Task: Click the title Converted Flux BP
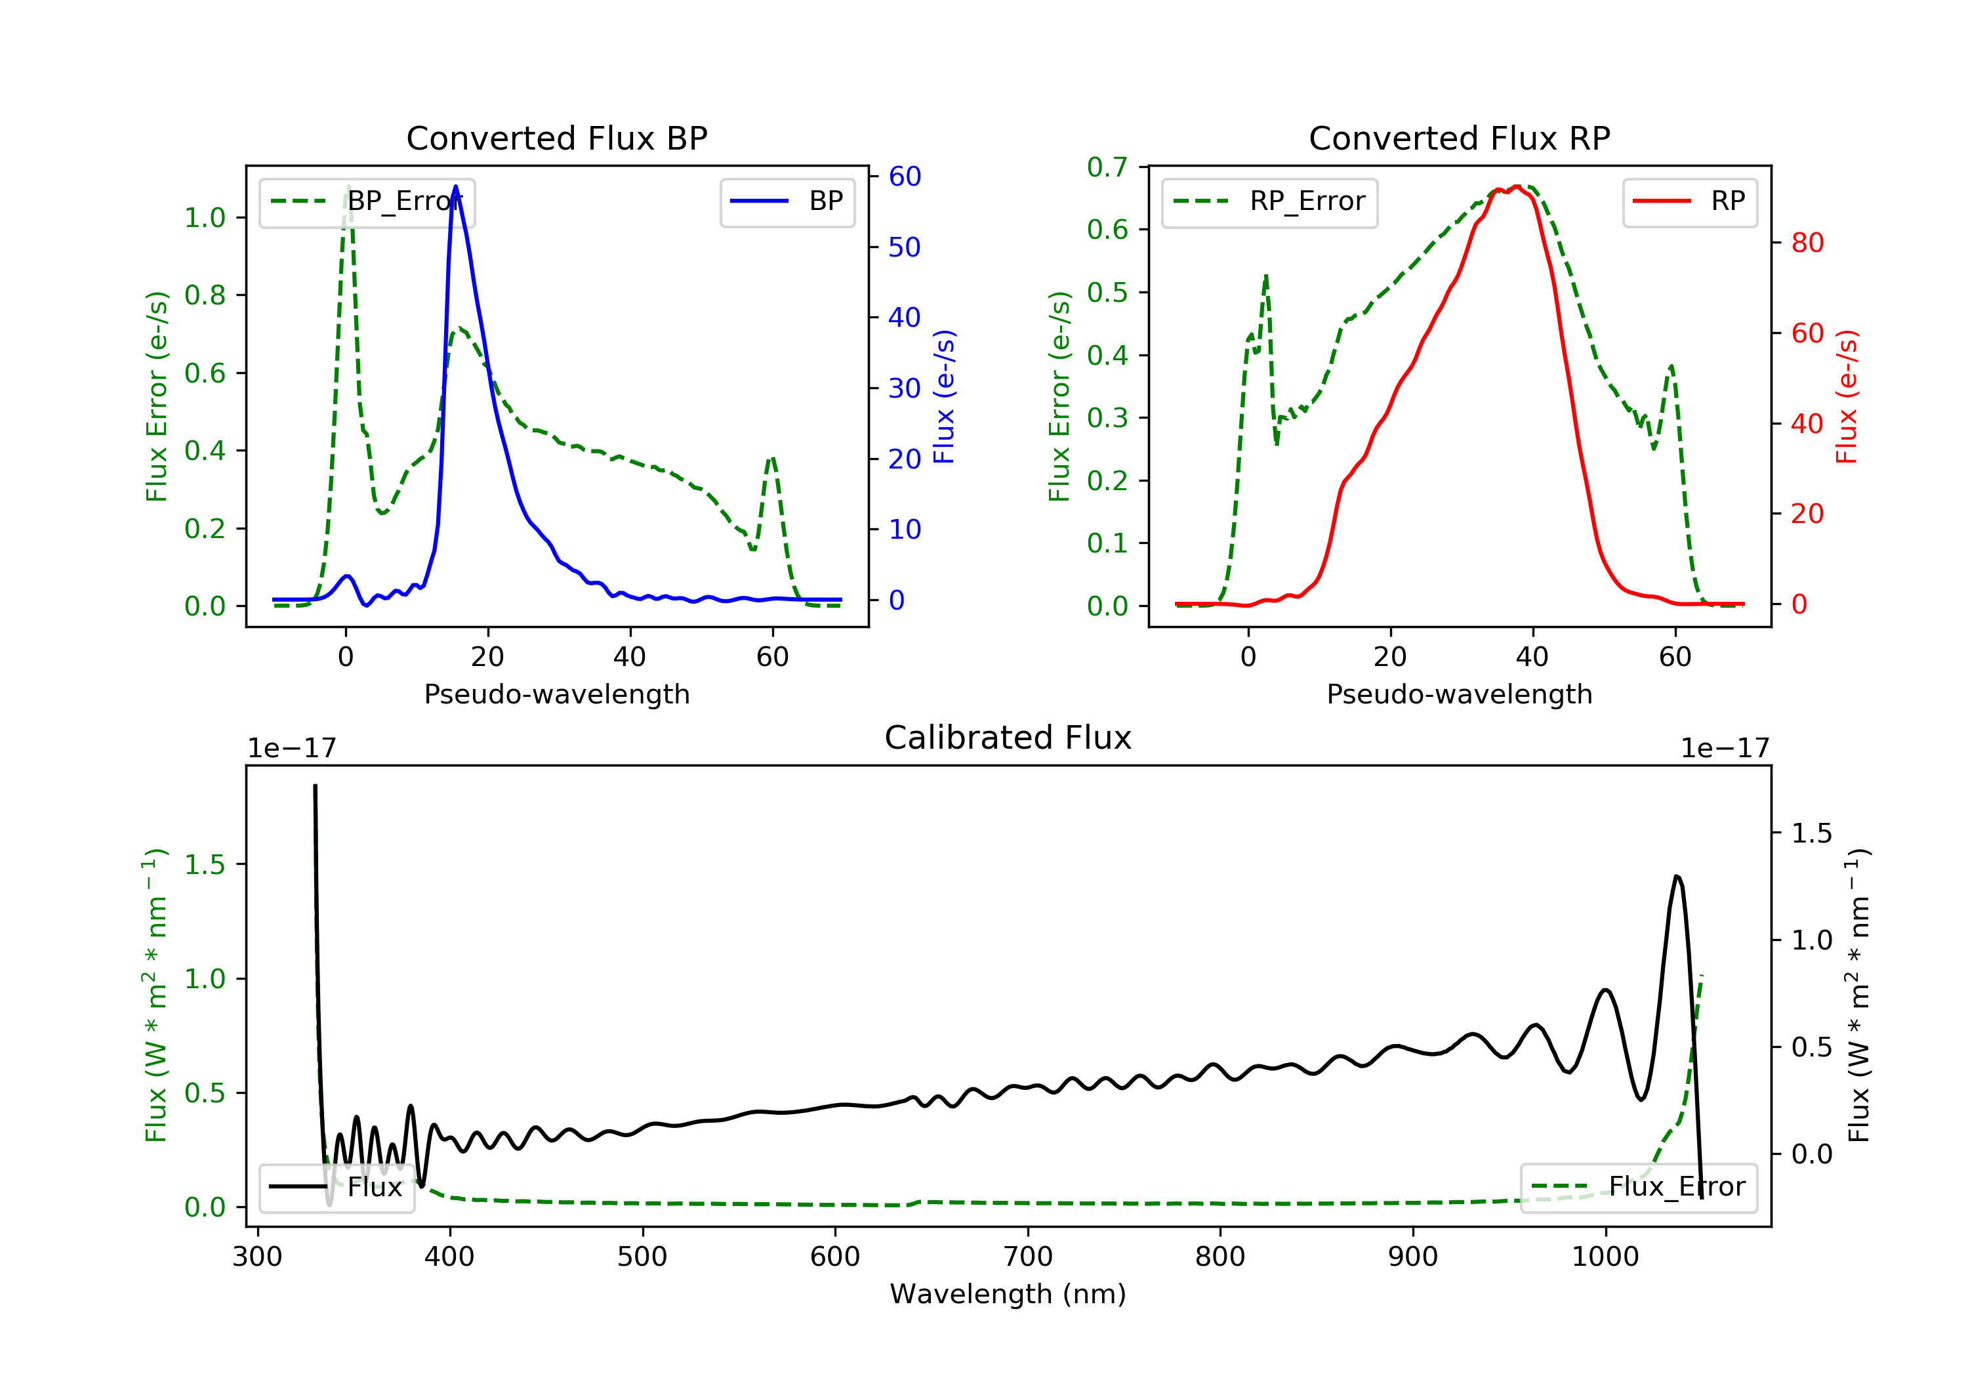556,138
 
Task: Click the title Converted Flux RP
1459,138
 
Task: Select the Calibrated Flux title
1008,738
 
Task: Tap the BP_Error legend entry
367,202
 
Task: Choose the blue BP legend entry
787,201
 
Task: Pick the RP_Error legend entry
1269,202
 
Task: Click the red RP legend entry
1689,201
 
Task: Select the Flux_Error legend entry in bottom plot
1638,1187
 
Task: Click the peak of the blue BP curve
455,186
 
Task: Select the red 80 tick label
1808,243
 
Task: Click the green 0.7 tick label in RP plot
1107,167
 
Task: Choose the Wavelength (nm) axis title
1008,1293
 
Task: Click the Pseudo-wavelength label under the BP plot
557,694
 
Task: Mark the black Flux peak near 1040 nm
1677,877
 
